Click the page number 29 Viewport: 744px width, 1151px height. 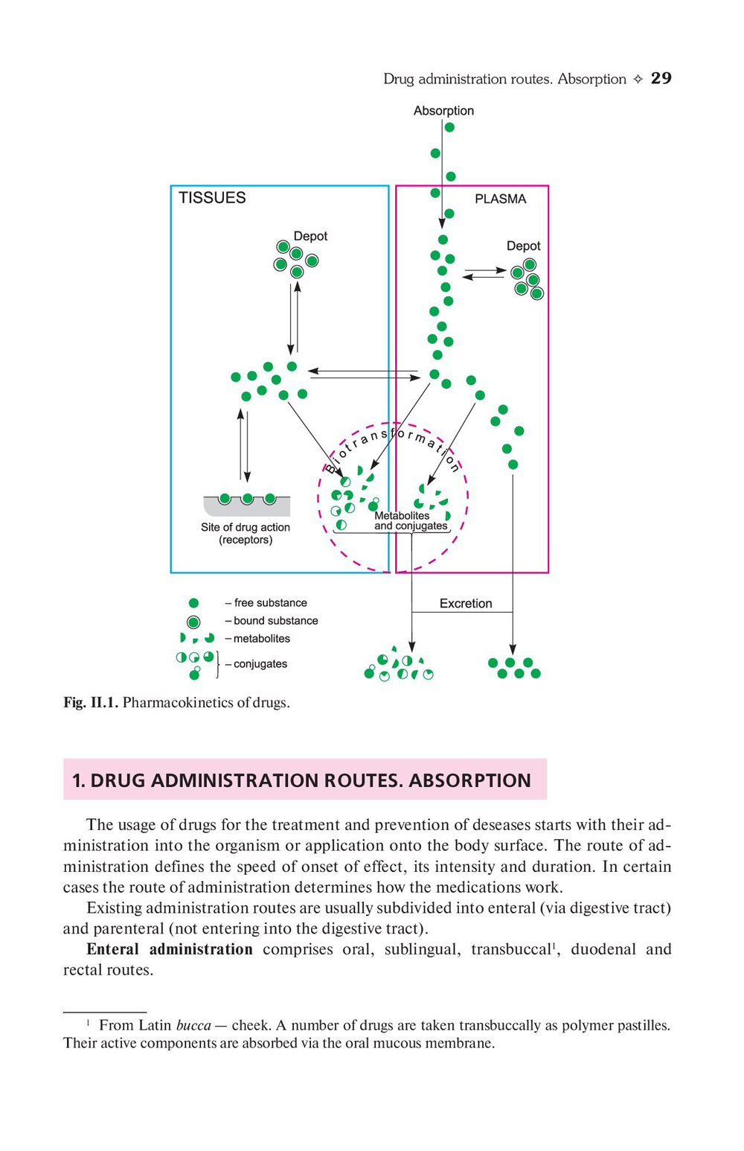[x=661, y=79]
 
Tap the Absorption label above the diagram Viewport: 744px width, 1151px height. [x=443, y=111]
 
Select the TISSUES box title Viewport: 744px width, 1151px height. [x=212, y=198]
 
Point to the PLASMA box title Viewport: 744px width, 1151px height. [x=500, y=199]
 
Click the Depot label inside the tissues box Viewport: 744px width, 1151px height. [x=310, y=236]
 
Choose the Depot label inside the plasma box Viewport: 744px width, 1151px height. [x=523, y=246]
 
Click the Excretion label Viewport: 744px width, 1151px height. [x=466, y=603]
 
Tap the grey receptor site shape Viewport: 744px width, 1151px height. [x=247, y=507]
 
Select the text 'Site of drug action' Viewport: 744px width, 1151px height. [x=246, y=527]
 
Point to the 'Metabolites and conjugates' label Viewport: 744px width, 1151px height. [x=411, y=520]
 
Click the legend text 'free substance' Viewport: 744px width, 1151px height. [x=270, y=603]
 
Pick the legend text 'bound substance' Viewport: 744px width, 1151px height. [x=275, y=621]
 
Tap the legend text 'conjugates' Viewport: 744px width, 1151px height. [x=260, y=664]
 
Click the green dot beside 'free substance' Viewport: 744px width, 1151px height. [x=193, y=603]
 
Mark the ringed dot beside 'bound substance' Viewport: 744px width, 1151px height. [x=193, y=622]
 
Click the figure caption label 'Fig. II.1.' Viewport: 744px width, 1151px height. [x=90, y=703]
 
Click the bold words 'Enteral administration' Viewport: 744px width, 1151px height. [x=170, y=949]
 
